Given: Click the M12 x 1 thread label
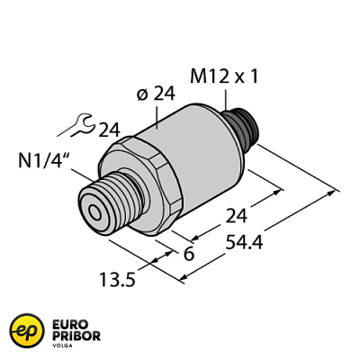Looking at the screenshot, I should pyautogui.click(x=225, y=77).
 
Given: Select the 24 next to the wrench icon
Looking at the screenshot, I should pyautogui.click(x=108, y=130).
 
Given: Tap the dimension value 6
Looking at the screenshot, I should pyautogui.click(x=188, y=256).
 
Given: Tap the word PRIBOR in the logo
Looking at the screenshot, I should pyautogui.click(x=76, y=337).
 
